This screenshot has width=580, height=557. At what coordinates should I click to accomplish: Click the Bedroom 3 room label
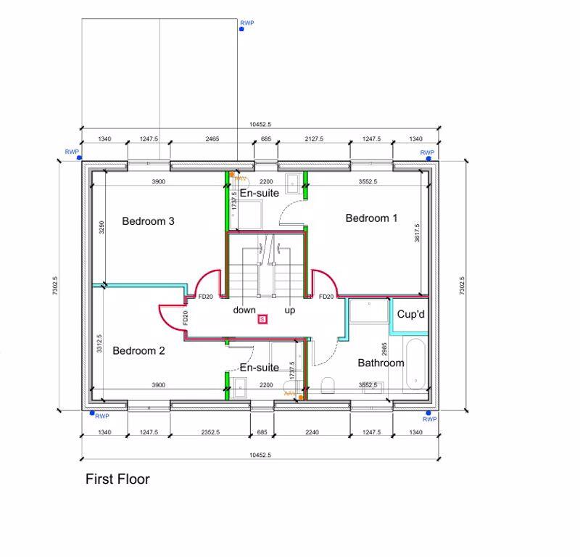pyautogui.click(x=148, y=221)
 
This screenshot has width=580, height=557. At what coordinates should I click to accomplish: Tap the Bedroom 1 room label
pyautogui.click(x=371, y=218)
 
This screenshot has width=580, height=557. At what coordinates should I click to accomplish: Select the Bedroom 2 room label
pyautogui.click(x=138, y=351)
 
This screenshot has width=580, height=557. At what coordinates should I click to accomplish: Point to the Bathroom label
pyautogui.click(x=381, y=363)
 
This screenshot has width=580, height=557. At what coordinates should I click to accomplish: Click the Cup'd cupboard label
pyautogui.click(x=410, y=315)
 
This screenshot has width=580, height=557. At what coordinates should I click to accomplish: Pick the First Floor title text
pyautogui.click(x=117, y=479)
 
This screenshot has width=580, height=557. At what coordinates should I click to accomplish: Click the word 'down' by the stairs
pyautogui.click(x=244, y=310)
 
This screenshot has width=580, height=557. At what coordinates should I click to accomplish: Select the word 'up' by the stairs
pyautogui.click(x=290, y=310)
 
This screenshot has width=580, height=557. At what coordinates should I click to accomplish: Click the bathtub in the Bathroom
pyautogui.click(x=415, y=366)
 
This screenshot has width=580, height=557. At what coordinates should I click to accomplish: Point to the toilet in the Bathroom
pyautogui.click(x=327, y=385)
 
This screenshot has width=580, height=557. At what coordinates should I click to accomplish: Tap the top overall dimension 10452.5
pyautogui.click(x=260, y=125)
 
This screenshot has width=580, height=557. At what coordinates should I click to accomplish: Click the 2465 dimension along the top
pyautogui.click(x=212, y=139)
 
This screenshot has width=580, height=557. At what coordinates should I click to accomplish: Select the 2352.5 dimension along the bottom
pyautogui.click(x=211, y=432)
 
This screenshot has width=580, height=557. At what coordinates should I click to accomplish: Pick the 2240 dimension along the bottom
pyautogui.click(x=312, y=432)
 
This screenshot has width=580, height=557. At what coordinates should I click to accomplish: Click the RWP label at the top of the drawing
pyautogui.click(x=247, y=23)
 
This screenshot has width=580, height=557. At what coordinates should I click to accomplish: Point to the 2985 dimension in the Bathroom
pyautogui.click(x=384, y=352)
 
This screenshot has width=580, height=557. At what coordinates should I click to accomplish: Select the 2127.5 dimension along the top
pyautogui.click(x=314, y=139)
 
